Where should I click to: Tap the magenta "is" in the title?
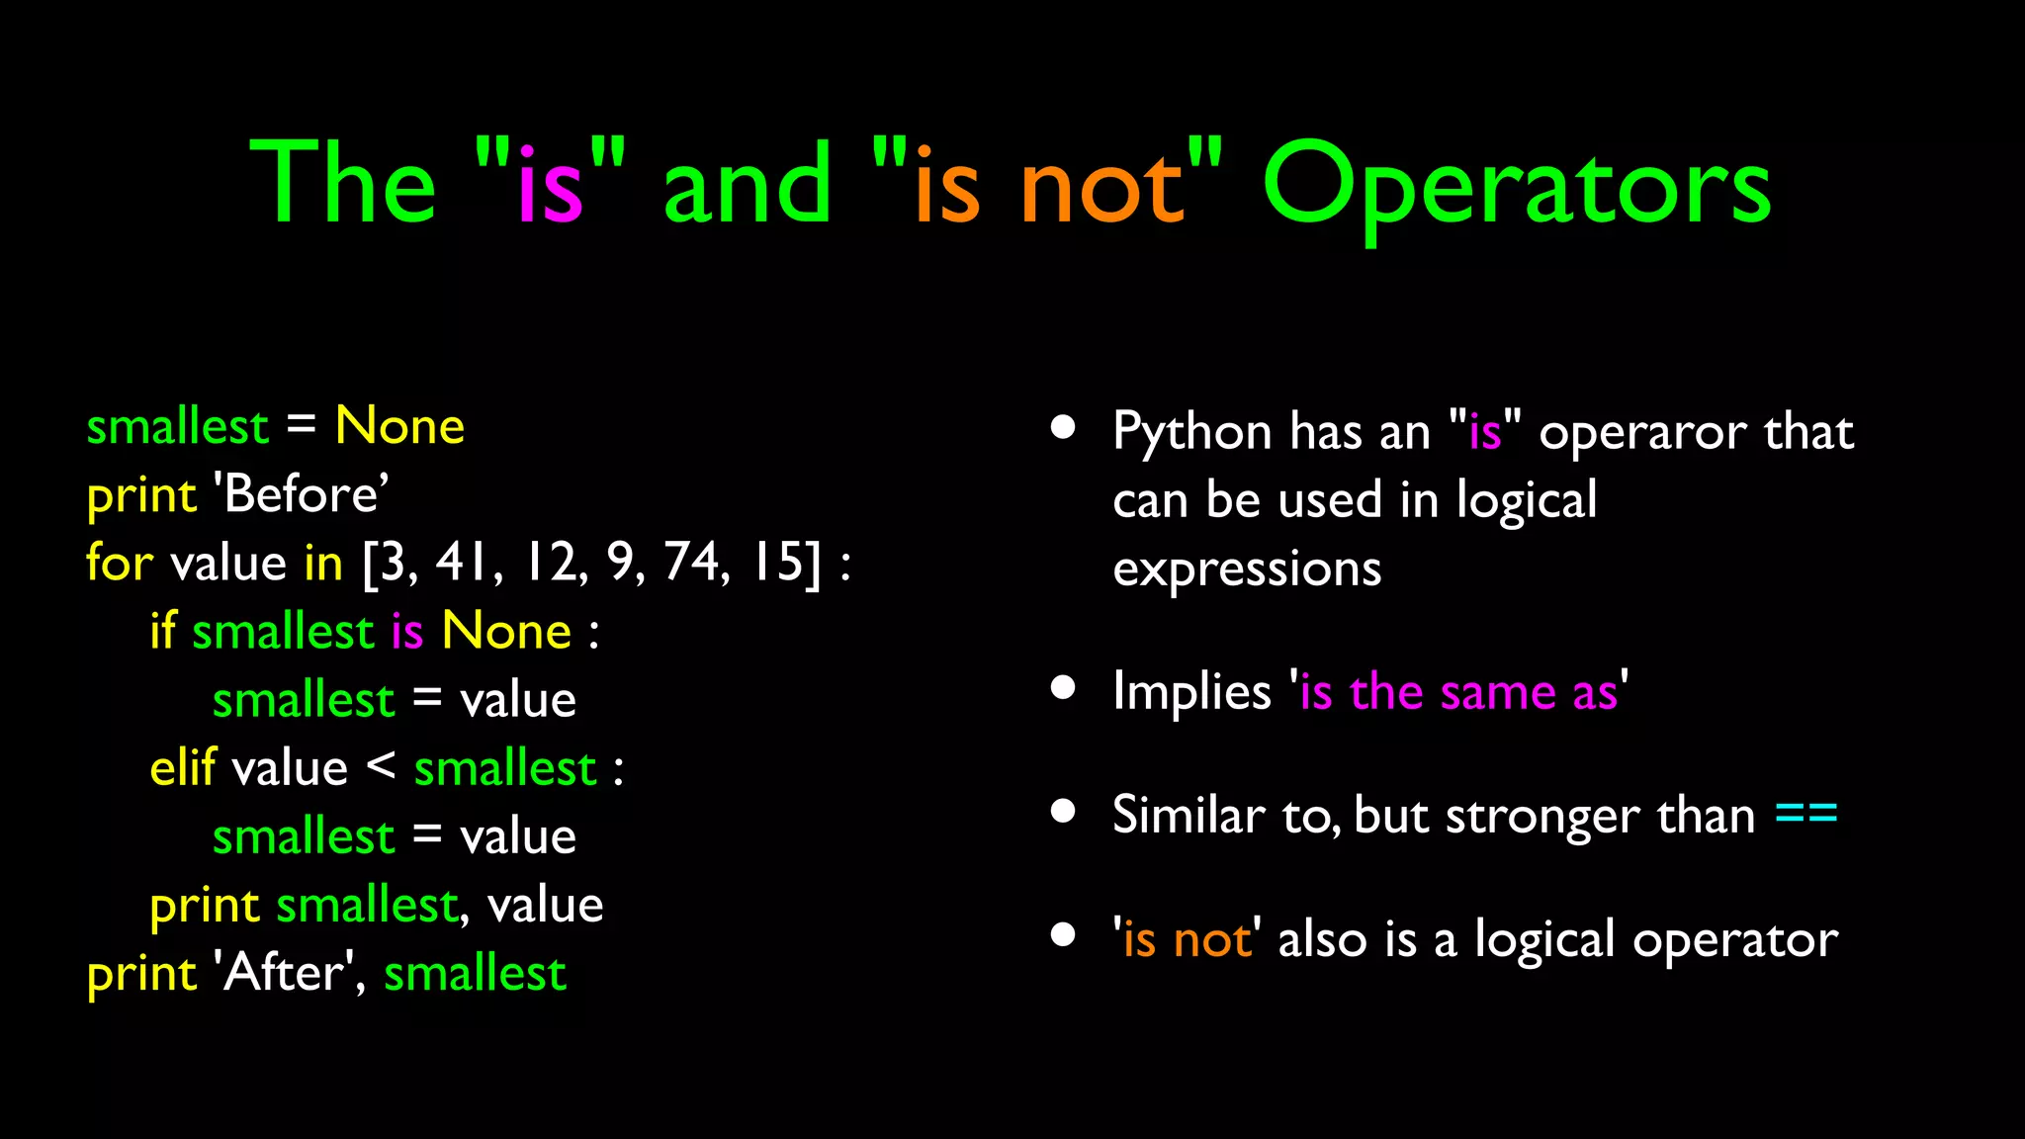click(550, 186)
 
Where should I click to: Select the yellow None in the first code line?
click(399, 426)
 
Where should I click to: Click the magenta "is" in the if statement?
click(407, 631)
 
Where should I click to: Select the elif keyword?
click(182, 767)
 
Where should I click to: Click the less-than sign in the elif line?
click(381, 765)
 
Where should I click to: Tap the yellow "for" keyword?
click(119, 562)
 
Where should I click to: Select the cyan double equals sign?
click(1805, 815)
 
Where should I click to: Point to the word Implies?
click(1190, 690)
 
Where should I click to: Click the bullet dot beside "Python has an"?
click(1063, 427)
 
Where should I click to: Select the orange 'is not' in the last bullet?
click(1187, 939)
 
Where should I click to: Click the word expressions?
click(1246, 569)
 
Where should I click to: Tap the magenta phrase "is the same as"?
click(1458, 690)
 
